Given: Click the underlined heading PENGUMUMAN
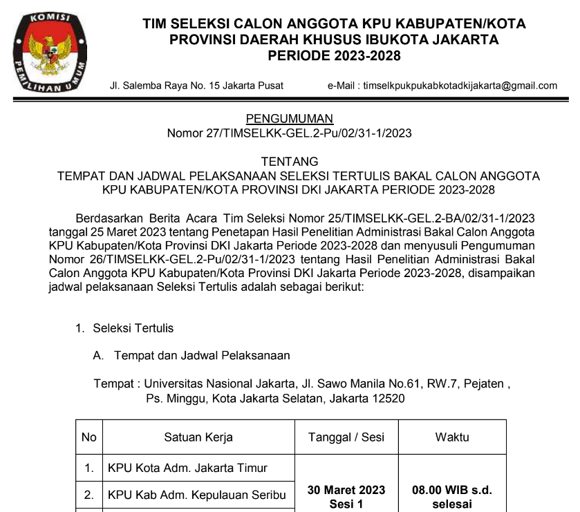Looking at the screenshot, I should tap(290, 119).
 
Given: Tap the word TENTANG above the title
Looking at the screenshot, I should tap(290, 162).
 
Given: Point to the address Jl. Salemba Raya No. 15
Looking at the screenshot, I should tap(196, 86).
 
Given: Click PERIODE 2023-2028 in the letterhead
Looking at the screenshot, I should tap(334, 56).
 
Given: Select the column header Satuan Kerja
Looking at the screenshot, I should tap(198, 437).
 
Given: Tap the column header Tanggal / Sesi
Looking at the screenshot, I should tap(346, 437).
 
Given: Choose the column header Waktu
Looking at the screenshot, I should tap(452, 437).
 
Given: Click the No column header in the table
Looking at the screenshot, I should tap(89, 437).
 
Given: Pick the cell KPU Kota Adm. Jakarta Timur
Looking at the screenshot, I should tap(187, 468).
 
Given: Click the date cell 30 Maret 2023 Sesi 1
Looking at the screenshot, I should tap(346, 497).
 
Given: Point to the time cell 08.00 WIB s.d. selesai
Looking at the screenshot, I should tap(452, 497).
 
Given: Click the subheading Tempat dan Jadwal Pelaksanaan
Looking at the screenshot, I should tap(202, 356).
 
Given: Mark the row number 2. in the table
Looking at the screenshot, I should tap(89, 495).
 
